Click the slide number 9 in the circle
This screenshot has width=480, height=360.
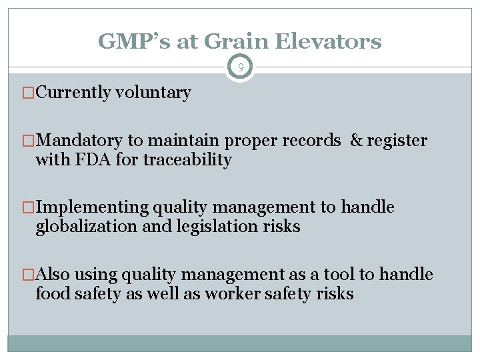(x=240, y=67)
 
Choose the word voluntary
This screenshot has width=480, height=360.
(x=153, y=93)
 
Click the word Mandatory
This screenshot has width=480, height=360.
(x=79, y=141)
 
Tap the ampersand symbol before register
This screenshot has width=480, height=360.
(x=356, y=141)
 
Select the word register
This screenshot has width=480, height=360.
(x=397, y=141)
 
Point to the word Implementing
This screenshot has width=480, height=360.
(x=92, y=207)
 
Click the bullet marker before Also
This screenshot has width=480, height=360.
(x=28, y=275)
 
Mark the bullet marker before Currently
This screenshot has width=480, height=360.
(x=28, y=93)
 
